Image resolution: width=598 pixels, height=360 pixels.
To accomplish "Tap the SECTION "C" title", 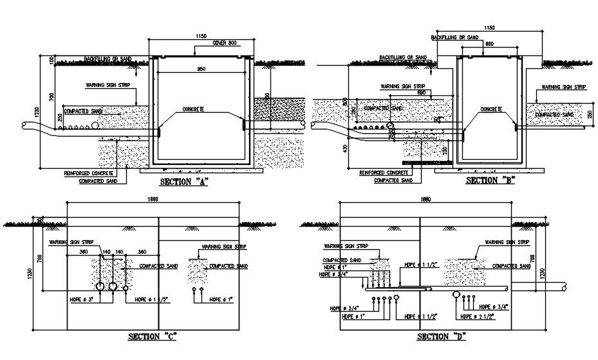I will pos(153,336).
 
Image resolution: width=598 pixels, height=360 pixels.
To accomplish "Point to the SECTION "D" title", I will pos(441,336).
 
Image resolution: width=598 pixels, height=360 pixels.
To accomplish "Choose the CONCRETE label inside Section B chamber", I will pos(496,110).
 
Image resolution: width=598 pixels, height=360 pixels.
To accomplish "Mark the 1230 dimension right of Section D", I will pos(543,272).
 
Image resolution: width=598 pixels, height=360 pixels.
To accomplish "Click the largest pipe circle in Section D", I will pos(456,296).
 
